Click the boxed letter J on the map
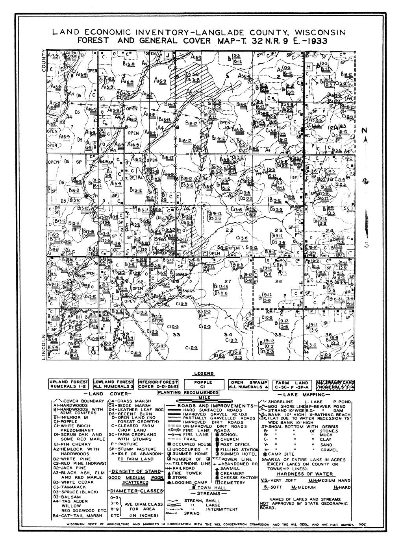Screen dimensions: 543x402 (168, 55)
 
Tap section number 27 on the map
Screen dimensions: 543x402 (227, 281)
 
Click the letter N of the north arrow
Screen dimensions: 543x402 (365, 131)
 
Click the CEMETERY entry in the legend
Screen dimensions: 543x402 (235, 482)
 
